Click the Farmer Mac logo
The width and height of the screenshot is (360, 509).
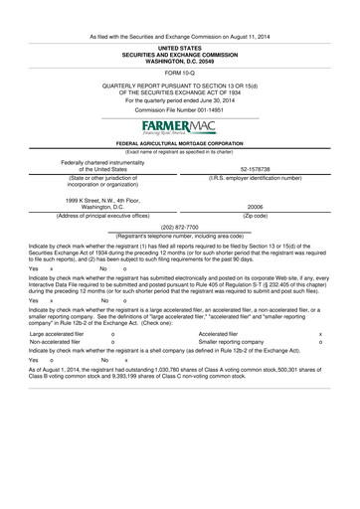pyautogui.click(x=179, y=128)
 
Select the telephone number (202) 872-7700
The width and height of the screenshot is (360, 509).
pyautogui.click(x=179, y=225)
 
